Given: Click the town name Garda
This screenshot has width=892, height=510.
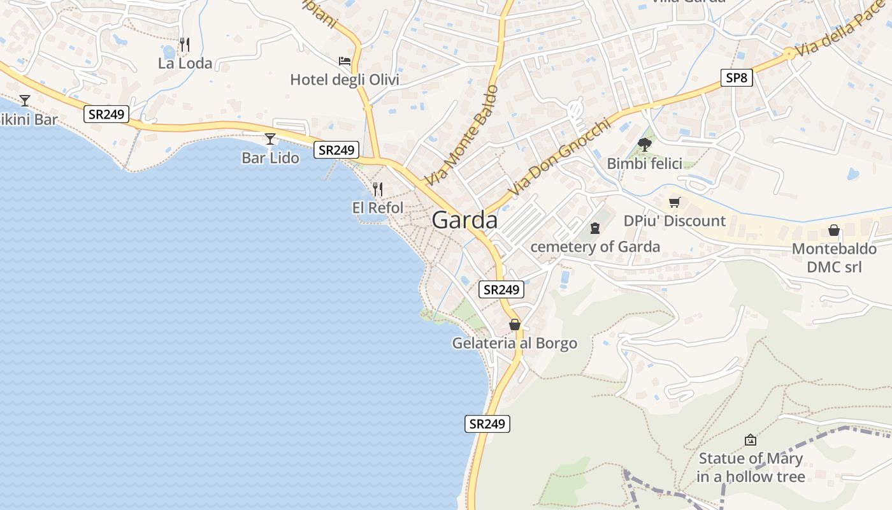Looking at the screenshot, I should (464, 220).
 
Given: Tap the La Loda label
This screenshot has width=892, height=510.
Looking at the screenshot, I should (185, 64).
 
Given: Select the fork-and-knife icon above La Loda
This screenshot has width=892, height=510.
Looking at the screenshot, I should (185, 44).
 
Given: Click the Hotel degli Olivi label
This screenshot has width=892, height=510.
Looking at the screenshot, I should (345, 80).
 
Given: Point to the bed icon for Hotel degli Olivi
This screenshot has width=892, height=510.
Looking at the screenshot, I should (345, 61).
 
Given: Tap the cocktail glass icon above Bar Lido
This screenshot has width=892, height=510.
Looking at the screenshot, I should (270, 138).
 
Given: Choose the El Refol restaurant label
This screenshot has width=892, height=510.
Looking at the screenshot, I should (378, 208).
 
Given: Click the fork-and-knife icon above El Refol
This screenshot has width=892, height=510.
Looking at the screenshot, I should (378, 189).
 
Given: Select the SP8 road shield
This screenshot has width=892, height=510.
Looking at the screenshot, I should (737, 78).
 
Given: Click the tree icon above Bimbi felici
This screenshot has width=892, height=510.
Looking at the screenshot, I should (644, 145).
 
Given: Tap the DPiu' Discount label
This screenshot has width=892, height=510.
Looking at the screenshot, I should (675, 221).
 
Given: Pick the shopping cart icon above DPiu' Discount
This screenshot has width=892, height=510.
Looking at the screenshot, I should (675, 203).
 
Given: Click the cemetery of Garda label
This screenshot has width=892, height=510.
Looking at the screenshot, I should (595, 247).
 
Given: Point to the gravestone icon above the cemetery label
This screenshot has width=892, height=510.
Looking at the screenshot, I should (595, 228).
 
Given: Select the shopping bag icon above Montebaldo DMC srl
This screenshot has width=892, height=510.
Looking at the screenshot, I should (834, 230).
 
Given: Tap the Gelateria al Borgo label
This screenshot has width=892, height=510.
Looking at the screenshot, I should (515, 344).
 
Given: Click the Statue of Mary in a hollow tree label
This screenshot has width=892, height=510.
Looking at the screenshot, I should (751, 467).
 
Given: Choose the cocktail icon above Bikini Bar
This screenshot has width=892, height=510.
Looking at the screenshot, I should (25, 100).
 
